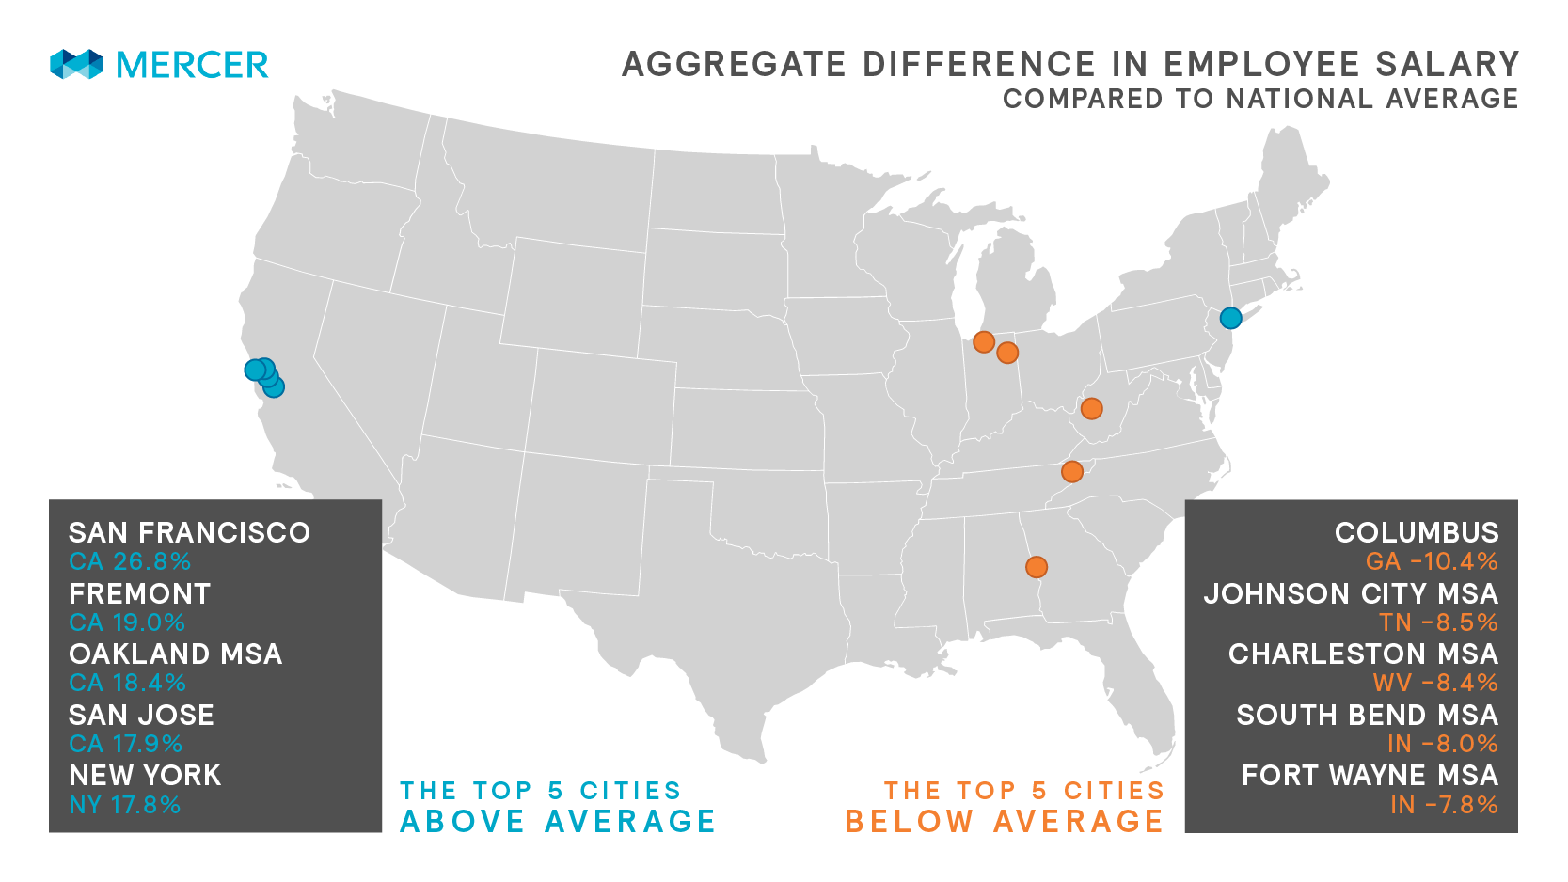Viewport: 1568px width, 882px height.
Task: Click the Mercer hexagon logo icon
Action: point(76,64)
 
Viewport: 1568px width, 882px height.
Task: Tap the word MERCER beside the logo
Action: point(192,65)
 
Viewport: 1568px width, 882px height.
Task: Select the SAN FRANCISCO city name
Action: point(189,532)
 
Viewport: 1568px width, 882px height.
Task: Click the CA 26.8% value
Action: point(130,561)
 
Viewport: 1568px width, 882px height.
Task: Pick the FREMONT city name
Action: point(139,593)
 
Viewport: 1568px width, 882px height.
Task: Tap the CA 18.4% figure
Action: point(127,683)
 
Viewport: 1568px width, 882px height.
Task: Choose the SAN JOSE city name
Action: point(141,715)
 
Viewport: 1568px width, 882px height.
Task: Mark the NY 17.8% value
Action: point(124,805)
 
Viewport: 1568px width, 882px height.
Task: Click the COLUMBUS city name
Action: point(1416,532)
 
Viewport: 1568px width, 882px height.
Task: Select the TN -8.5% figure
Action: point(1438,622)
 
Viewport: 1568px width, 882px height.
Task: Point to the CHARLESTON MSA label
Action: point(1363,654)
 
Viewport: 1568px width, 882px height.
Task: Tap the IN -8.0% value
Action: point(1442,744)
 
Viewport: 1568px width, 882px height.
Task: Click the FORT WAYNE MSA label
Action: point(1370,775)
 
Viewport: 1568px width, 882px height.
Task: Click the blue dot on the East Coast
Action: point(1230,318)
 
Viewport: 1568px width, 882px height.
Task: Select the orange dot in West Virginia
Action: point(1091,408)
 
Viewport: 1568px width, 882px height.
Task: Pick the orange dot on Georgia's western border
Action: point(1036,567)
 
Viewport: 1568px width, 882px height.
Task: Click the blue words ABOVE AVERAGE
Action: point(558,821)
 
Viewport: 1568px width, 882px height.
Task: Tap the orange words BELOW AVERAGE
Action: point(1004,821)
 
